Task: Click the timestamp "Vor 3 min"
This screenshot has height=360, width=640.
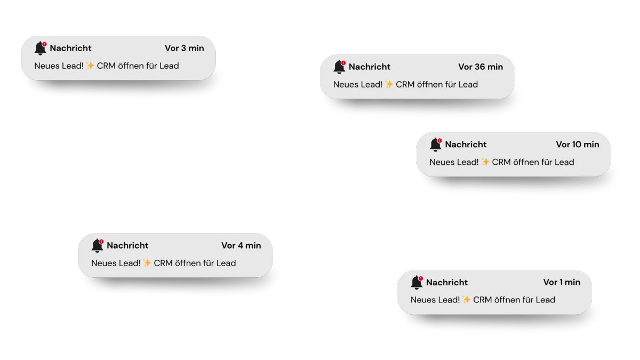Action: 184,48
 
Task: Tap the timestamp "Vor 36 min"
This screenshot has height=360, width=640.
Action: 481,67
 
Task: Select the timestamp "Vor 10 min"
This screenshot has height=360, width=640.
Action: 578,145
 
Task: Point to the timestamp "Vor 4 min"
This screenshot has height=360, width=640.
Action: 241,245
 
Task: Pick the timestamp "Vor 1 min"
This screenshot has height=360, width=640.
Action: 562,282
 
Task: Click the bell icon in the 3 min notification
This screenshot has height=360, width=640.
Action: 40,49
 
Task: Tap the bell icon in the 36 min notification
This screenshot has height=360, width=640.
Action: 339,67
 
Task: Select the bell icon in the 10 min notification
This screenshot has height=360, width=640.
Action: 435,145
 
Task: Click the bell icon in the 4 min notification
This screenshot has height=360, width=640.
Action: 97,246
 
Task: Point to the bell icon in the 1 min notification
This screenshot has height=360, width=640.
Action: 417,283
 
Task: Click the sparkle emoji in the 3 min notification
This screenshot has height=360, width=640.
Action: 90,66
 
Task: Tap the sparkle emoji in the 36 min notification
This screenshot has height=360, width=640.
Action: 389,84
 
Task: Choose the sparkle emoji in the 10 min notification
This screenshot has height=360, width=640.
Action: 485,162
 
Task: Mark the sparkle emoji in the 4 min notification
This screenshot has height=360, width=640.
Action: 147,263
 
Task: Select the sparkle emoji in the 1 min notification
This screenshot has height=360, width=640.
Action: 467,300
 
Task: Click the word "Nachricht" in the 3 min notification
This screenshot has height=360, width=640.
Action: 71,48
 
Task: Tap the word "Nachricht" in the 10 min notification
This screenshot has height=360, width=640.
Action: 466,145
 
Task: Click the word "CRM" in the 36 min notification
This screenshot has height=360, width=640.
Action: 406,84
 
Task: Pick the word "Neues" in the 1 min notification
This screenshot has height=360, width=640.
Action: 422,300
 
